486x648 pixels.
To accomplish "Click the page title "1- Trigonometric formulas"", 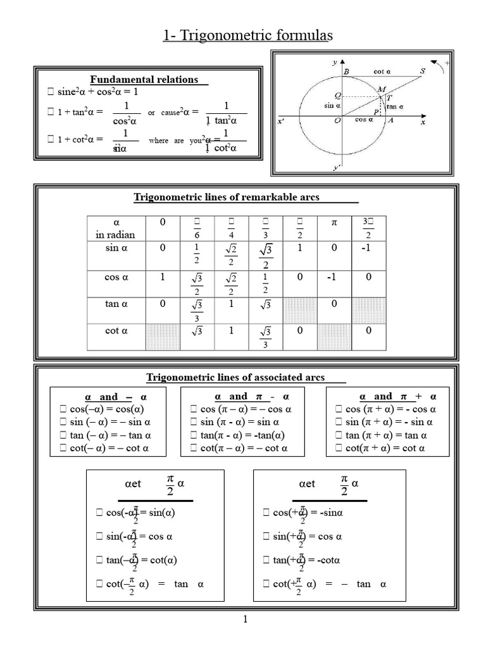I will pos(247,36).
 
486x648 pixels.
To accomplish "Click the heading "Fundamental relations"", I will pos(144,79).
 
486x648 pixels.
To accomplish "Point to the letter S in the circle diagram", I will pos(423,72).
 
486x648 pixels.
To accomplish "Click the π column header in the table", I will pos(335,224).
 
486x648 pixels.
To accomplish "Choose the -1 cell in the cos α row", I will pos(335,277).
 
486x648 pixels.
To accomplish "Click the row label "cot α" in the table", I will pos(116,330).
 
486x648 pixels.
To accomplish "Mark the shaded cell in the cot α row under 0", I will pos(163,336).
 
